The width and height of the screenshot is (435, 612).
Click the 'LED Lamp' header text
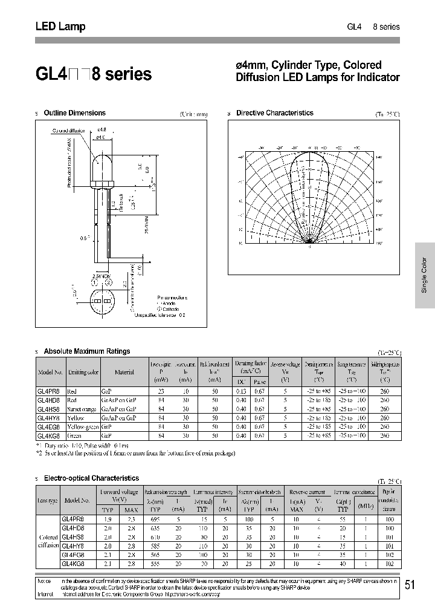pos(60,27)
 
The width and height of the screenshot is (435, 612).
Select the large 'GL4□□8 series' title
pos(94,74)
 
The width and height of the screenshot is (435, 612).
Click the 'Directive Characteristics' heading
pos(274,113)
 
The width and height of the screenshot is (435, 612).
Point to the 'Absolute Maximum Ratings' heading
pos(87,351)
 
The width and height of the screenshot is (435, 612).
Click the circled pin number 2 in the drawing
pos(109,281)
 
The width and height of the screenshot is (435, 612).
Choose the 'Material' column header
pos(124,373)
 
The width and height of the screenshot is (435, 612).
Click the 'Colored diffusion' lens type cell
pos(48,541)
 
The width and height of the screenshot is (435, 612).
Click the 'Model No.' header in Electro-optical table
pos(76,501)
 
